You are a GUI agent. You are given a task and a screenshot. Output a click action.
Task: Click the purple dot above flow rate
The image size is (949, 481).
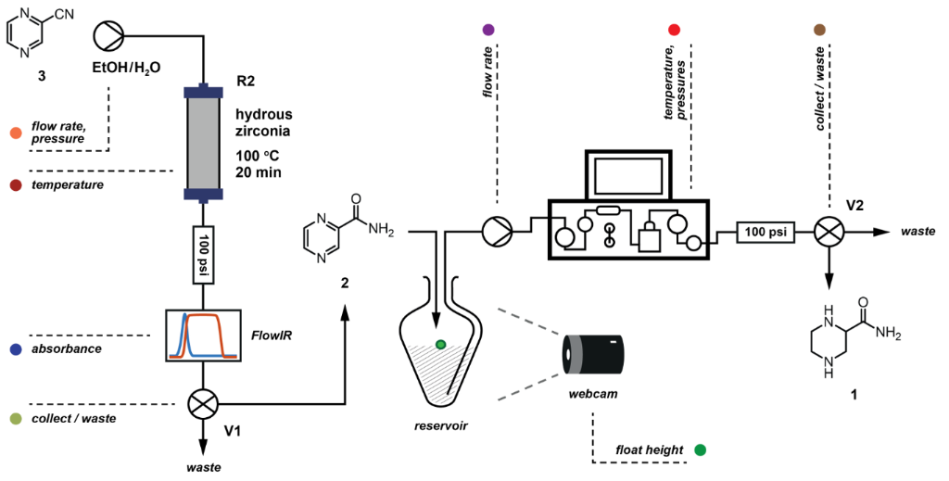[489, 31]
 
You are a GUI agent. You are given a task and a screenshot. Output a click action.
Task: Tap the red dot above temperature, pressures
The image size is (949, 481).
[674, 31]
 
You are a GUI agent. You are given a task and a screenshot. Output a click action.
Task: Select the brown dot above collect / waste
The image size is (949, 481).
[819, 31]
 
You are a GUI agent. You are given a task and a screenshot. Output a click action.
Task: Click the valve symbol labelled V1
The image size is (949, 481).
[201, 405]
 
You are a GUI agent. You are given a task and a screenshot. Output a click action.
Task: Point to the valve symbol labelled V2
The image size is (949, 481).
[827, 231]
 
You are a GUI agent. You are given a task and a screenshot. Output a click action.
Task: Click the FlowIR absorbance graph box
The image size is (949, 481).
[202, 335]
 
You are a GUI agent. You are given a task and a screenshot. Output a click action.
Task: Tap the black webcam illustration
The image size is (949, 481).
[593, 356]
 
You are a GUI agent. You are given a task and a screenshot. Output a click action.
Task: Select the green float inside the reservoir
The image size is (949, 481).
[441, 345]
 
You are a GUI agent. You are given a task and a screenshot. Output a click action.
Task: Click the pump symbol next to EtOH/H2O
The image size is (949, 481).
[108, 36]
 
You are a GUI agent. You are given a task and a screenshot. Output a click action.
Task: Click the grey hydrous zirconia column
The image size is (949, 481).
[201, 143]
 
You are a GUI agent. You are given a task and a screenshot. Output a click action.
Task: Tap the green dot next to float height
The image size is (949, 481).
[700, 450]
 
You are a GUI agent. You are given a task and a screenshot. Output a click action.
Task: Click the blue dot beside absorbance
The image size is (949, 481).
[14, 349]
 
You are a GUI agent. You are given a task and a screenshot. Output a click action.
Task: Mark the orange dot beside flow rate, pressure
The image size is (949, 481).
[14, 133]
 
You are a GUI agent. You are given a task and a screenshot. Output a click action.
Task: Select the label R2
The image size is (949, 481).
[246, 82]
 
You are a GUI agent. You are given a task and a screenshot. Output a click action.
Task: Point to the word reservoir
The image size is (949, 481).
[442, 427]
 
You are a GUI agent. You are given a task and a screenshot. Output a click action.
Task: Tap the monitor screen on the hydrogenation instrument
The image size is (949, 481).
[627, 173]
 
